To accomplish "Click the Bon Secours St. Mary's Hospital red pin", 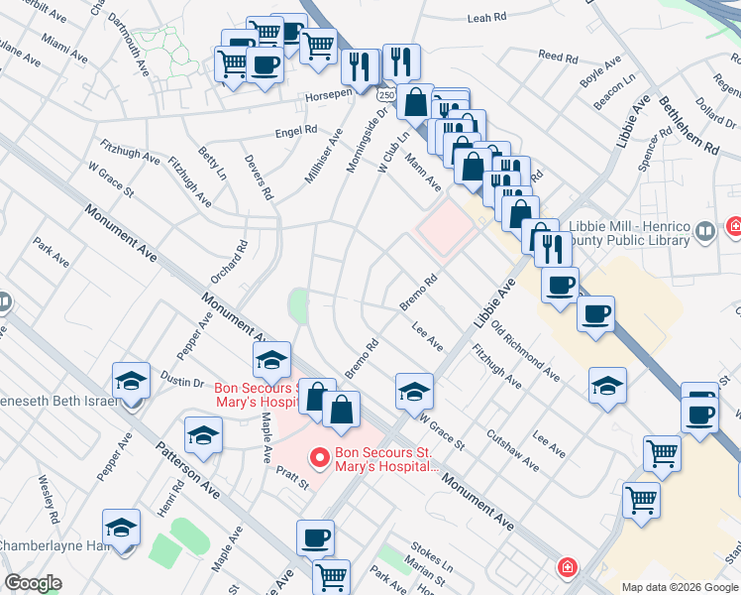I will pyautogui.click(x=319, y=458).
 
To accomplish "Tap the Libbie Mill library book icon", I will pyautogui.click(x=705, y=232).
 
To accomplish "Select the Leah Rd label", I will pyautogui.click(x=486, y=18).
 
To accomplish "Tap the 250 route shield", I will pyautogui.click(x=386, y=92).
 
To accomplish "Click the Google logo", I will pyautogui.click(x=34, y=583).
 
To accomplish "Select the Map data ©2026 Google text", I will pyautogui.click(x=679, y=587).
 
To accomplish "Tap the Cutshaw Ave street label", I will pyautogui.click(x=512, y=450).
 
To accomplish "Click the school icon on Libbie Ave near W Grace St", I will pyautogui.click(x=414, y=391).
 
